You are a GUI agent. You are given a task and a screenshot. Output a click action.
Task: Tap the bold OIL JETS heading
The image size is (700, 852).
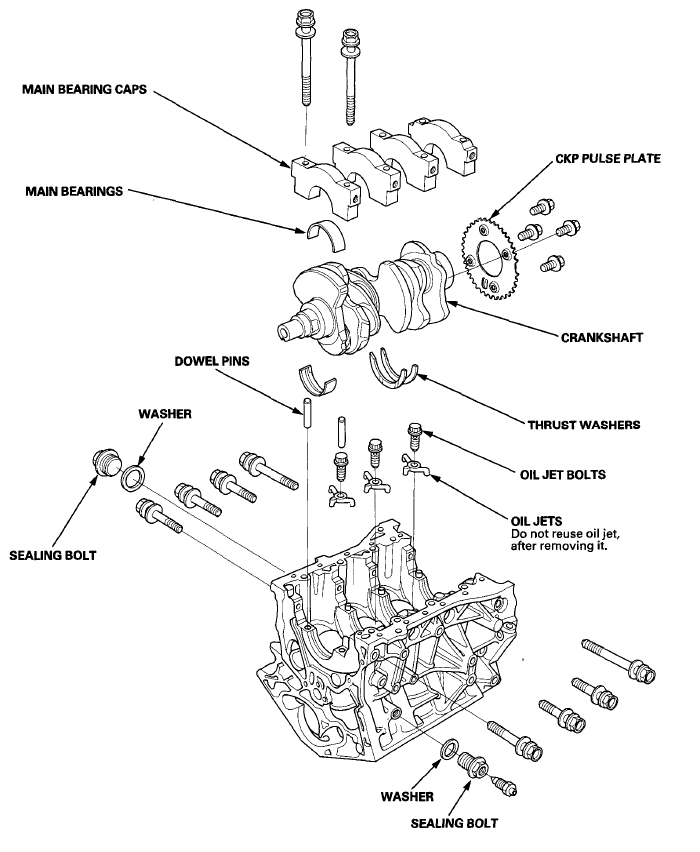pyautogui.click(x=533, y=519)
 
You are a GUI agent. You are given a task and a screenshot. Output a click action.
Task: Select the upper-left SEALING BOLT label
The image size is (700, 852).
pyautogui.click(x=52, y=554)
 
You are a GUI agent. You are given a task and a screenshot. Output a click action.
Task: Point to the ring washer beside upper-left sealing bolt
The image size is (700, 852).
pyautogui.click(x=134, y=476)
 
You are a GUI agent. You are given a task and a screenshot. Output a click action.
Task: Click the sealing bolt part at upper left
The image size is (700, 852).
pyautogui.click(x=103, y=464)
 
